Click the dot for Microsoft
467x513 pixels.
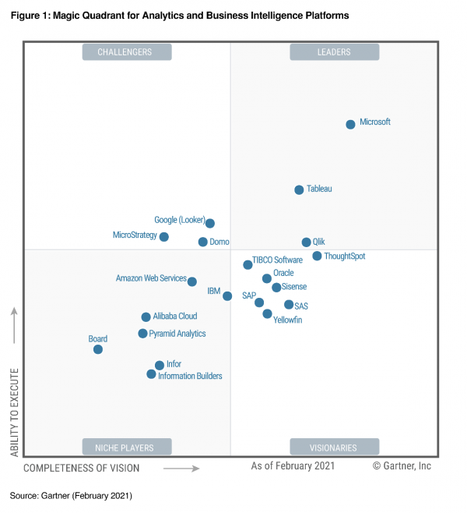pyautogui.click(x=350, y=124)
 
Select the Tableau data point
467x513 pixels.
pyautogui.click(x=299, y=189)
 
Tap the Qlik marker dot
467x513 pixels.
pyautogui.click(x=306, y=242)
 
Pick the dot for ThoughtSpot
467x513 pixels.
pyautogui.click(x=317, y=256)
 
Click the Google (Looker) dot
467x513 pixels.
pyautogui.click(x=209, y=223)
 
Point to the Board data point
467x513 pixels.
pyautogui.click(x=98, y=349)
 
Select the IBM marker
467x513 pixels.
pyautogui.click(x=227, y=295)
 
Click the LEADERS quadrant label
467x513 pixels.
pyautogui.click(x=334, y=52)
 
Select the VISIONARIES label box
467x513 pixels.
pyautogui.click(x=334, y=448)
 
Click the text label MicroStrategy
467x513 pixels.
pyautogui.click(x=135, y=235)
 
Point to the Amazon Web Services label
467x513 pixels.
pyautogui.click(x=151, y=278)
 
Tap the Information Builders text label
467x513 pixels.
pyautogui.click(x=190, y=376)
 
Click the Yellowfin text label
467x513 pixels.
pyautogui.click(x=288, y=320)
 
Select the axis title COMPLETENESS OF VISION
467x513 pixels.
pyautogui.click(x=82, y=468)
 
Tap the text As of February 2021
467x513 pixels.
pyautogui.click(x=293, y=466)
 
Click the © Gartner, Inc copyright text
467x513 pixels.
pyautogui.click(x=402, y=466)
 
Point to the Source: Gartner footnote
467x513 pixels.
pyautogui.click(x=71, y=496)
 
